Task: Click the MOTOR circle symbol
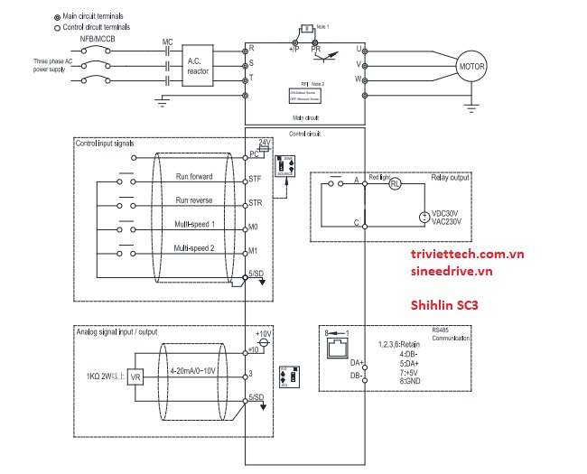471,67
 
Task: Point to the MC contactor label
167,42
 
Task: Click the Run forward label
194,177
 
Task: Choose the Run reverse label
194,200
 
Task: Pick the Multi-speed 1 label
194,223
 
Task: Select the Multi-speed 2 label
194,247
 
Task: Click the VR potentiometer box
136,375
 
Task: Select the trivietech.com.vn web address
466,256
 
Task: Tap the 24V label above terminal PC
265,143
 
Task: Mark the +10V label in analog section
264,333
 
